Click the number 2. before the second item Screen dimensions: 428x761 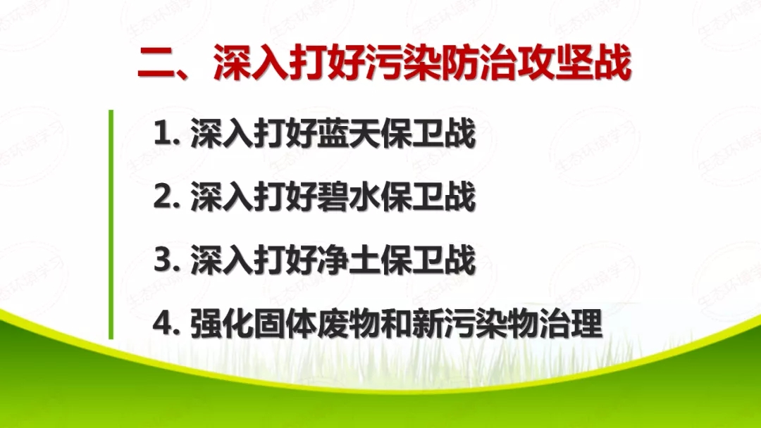click(x=168, y=198)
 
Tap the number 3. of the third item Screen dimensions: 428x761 click(x=168, y=261)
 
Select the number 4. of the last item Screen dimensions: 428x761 click(x=168, y=325)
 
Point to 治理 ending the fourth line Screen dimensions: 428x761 click(x=572, y=325)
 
